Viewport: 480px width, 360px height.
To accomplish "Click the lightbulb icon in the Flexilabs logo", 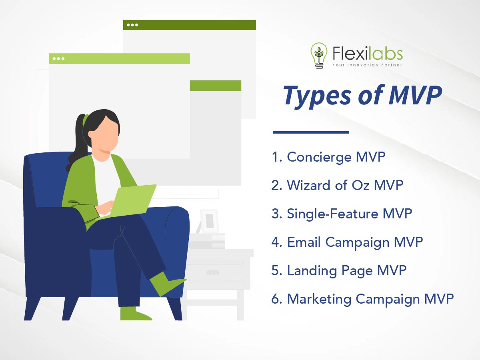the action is tap(319, 56).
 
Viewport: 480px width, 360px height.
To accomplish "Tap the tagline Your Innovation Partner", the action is tap(367, 65).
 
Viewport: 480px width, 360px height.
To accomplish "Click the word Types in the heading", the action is tap(317, 96).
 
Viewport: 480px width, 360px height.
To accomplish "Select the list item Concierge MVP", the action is tap(328, 157).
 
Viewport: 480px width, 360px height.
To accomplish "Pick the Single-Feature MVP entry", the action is tap(342, 214).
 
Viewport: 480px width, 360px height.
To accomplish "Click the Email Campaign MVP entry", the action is tap(347, 242).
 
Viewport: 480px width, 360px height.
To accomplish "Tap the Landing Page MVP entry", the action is tap(339, 271).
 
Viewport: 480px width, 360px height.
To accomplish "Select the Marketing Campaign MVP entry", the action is tap(362, 299).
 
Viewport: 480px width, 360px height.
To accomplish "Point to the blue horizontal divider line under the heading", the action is tap(311, 132).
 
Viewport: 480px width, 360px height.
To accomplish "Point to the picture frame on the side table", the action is tap(209, 221).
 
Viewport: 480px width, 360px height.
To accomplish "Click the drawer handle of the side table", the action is tap(212, 272).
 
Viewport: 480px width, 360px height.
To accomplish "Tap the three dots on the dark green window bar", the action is tap(132, 25).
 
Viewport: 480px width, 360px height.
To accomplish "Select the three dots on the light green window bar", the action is tap(58, 58).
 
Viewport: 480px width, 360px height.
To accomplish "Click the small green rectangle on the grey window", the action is tap(215, 86).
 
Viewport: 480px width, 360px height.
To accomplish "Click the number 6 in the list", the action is tap(276, 299).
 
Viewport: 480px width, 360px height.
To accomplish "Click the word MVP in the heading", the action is tap(415, 95).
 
